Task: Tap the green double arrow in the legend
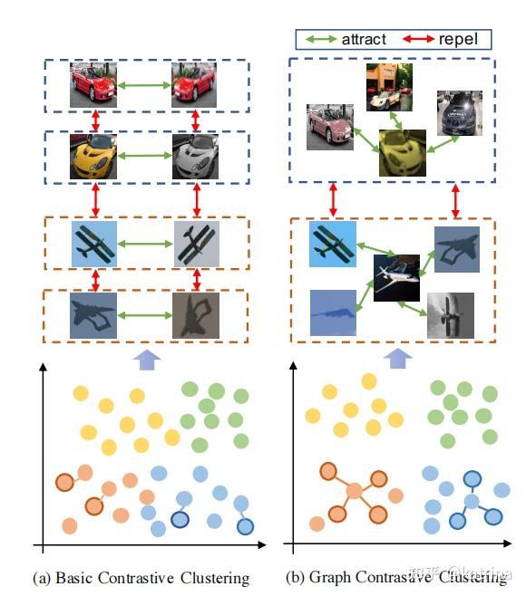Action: pos(320,39)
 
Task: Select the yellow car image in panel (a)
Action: pos(93,156)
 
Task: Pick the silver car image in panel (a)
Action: pos(196,156)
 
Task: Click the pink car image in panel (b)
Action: pos(329,125)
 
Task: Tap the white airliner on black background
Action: pos(396,276)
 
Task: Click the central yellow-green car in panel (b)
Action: pos(402,151)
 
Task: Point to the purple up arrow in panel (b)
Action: pos(394,361)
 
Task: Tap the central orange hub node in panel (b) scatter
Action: pos(354,492)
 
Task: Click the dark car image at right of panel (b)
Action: pos(458,112)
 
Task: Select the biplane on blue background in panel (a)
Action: pos(95,245)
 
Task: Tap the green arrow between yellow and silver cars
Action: pos(145,156)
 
